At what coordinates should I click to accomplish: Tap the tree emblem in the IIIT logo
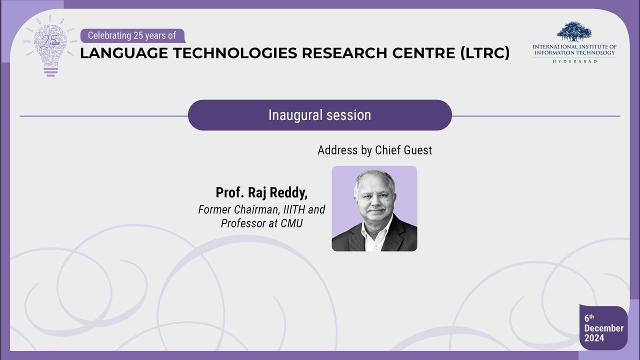tap(574, 31)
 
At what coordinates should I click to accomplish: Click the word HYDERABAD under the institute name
tap(574, 61)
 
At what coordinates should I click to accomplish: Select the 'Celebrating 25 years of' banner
tap(132, 35)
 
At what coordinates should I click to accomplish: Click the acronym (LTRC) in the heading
tap(484, 53)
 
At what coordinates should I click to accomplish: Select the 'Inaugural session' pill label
tap(319, 115)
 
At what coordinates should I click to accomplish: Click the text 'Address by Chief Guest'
tap(374, 150)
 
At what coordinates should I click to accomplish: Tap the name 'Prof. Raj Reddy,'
tap(261, 192)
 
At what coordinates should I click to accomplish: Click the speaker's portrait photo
tap(374, 208)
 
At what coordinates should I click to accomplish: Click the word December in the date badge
tap(603, 328)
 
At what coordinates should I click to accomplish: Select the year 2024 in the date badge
tap(594, 338)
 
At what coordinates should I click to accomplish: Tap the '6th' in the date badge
tap(589, 318)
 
